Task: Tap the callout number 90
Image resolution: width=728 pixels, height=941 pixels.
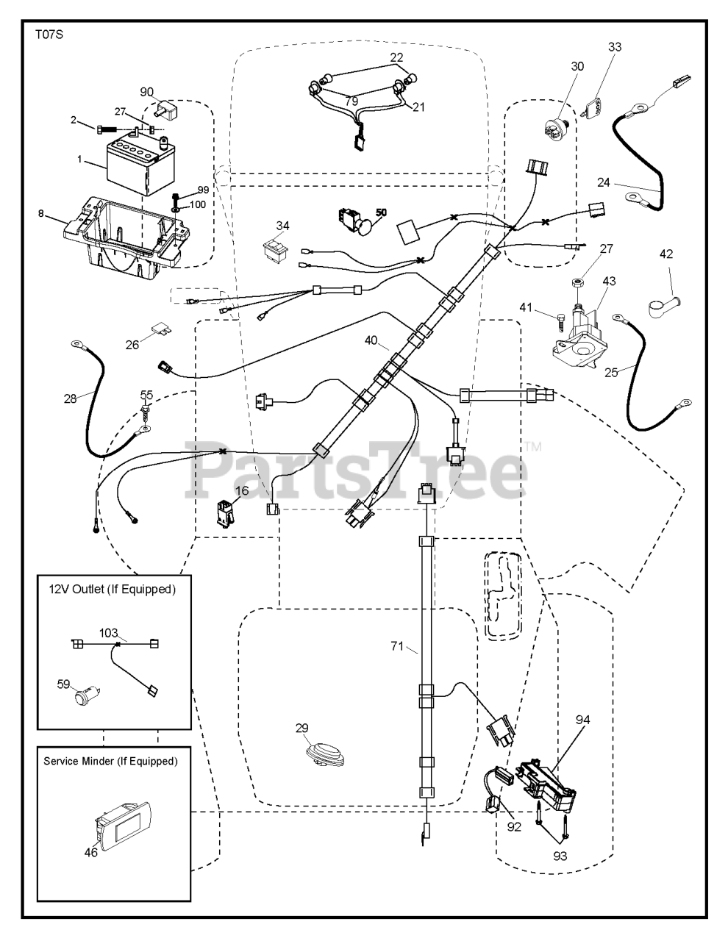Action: pos(147,92)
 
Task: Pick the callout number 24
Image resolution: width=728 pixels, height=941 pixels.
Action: pos(604,182)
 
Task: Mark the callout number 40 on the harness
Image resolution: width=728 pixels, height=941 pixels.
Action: pos(371,340)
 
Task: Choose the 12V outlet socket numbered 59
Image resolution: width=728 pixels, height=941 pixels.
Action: pos(86,693)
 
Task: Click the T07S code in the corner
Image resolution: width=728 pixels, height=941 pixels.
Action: pos(48,35)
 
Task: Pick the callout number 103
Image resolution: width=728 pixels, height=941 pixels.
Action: pos(109,631)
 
